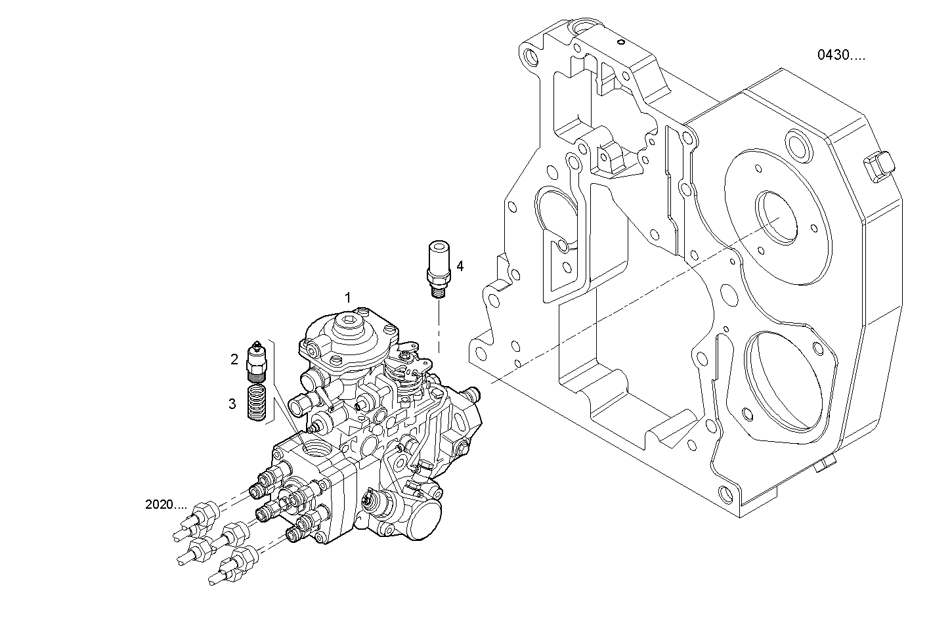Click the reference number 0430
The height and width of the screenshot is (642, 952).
[840, 56]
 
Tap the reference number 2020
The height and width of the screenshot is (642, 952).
[165, 505]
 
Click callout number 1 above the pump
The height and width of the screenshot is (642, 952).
[349, 298]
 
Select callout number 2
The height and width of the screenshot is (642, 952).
[234, 359]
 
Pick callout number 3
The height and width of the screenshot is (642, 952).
[232, 404]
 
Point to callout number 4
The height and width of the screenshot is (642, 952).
[460, 266]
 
